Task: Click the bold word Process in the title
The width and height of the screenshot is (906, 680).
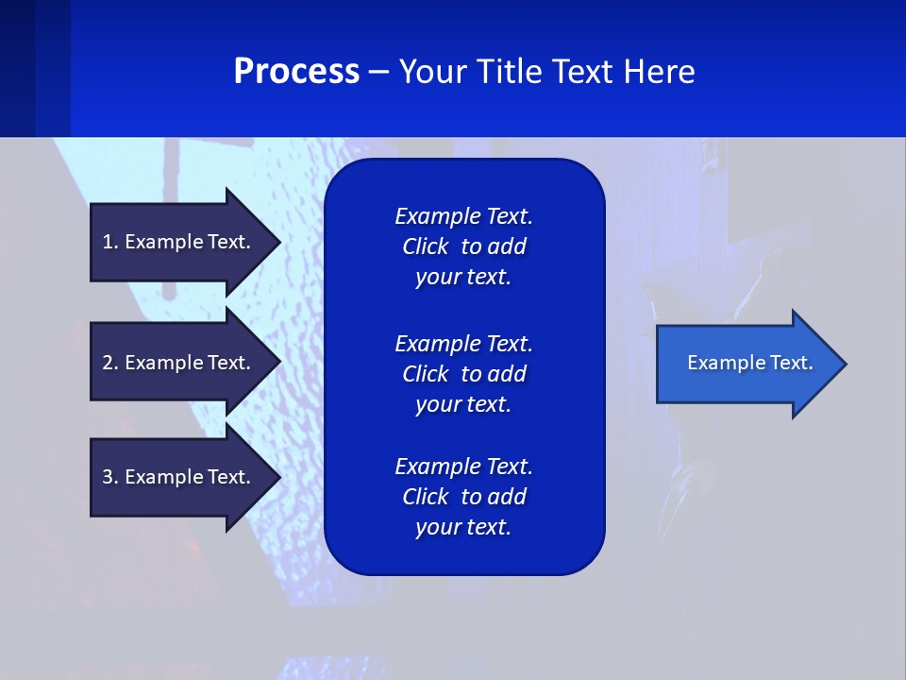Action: click(296, 72)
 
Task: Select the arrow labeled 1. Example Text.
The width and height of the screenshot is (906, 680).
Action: click(179, 242)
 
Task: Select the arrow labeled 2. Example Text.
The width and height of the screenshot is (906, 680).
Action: click(179, 363)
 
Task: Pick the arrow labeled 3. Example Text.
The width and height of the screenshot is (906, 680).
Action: click(179, 477)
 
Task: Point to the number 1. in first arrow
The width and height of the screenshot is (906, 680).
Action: click(110, 242)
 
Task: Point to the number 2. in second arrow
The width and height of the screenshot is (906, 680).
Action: click(110, 363)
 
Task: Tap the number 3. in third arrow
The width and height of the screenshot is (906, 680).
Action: click(110, 477)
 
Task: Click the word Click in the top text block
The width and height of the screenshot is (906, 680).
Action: click(425, 246)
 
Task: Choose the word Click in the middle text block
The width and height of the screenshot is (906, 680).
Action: click(425, 374)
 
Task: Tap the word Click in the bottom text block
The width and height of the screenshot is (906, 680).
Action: click(425, 497)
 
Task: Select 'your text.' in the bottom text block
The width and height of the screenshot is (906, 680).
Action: click(463, 527)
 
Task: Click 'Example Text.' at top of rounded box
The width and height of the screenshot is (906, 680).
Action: click(463, 216)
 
